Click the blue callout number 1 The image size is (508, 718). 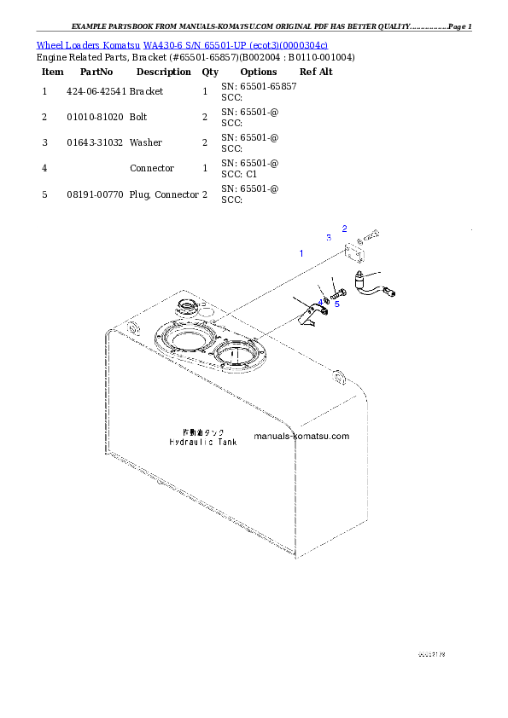[301, 253]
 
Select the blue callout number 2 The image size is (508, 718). [345, 228]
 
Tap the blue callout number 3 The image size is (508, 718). [328, 237]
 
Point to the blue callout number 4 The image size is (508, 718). [321, 303]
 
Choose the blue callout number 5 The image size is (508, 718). [336, 304]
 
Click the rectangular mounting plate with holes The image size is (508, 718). [356, 254]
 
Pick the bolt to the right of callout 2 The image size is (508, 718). [371, 235]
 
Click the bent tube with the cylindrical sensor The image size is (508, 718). [378, 285]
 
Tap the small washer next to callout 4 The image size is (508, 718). [324, 298]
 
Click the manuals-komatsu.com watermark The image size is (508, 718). [301, 436]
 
